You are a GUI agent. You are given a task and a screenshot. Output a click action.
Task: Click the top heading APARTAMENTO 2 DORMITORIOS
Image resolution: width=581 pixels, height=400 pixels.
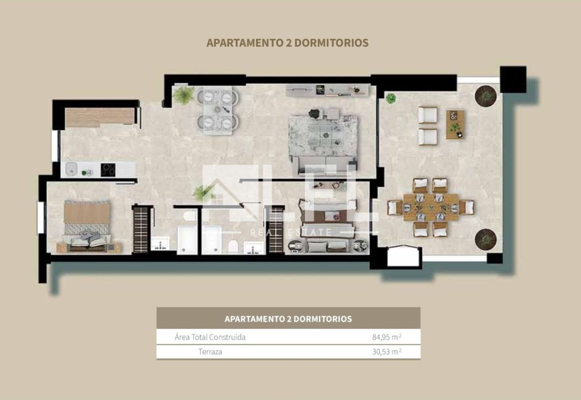click(x=287, y=43)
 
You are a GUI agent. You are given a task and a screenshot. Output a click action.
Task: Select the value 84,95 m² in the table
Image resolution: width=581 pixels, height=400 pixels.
click(x=387, y=337)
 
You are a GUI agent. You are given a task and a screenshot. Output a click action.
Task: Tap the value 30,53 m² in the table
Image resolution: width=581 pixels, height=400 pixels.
click(x=387, y=351)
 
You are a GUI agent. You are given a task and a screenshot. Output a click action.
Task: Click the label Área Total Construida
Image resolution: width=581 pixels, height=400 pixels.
click(x=210, y=337)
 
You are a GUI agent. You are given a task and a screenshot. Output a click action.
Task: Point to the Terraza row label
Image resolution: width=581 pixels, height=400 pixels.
click(x=210, y=352)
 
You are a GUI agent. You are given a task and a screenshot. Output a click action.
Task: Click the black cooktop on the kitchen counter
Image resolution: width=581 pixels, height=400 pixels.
click(x=108, y=170)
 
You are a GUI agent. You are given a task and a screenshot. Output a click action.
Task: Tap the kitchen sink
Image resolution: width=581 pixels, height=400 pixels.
click(x=71, y=169)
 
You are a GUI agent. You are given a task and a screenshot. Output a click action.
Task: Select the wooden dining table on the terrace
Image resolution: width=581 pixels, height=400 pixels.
click(x=431, y=207)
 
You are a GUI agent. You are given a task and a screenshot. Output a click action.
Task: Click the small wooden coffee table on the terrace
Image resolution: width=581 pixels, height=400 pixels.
click(x=455, y=125)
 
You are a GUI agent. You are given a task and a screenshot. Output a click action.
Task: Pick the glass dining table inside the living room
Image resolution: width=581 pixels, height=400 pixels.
click(x=217, y=110)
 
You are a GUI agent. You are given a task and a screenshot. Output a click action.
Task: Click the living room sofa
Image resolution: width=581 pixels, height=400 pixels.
click(x=325, y=165)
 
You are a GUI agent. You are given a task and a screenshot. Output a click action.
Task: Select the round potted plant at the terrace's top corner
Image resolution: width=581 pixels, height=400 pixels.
click(x=486, y=96)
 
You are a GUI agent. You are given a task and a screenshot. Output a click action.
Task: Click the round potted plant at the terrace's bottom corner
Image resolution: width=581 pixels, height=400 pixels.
click(x=486, y=239)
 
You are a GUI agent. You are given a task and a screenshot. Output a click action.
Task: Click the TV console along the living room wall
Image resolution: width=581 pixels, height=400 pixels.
click(x=328, y=90)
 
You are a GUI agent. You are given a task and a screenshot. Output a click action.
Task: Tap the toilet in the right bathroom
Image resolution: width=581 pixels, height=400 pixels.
click(x=233, y=246)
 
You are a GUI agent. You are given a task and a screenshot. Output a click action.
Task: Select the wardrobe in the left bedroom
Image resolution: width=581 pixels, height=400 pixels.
click(x=141, y=229)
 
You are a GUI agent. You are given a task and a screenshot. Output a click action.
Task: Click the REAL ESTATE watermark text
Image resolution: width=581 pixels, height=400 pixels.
click(x=291, y=232)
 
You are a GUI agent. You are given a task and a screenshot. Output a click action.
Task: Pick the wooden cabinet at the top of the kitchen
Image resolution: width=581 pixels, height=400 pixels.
click(x=100, y=117)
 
